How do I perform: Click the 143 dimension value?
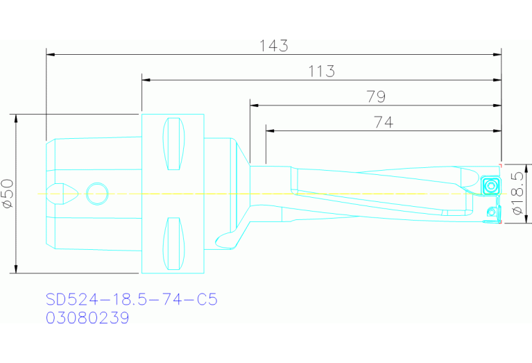[x=273, y=46]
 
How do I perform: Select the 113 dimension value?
[x=321, y=71]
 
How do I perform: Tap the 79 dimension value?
[x=376, y=96]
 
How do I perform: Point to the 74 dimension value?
[x=383, y=122]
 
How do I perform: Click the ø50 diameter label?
[x=8, y=194]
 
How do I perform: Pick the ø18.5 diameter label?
[x=516, y=194]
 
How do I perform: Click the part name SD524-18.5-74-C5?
[x=132, y=300]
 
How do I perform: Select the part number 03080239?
[x=87, y=318]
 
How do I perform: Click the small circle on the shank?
[x=97, y=193]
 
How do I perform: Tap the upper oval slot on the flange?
[x=173, y=144]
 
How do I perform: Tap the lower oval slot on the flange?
[x=173, y=243]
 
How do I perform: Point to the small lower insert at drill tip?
[x=493, y=212]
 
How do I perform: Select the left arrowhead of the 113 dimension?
[x=146, y=79]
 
